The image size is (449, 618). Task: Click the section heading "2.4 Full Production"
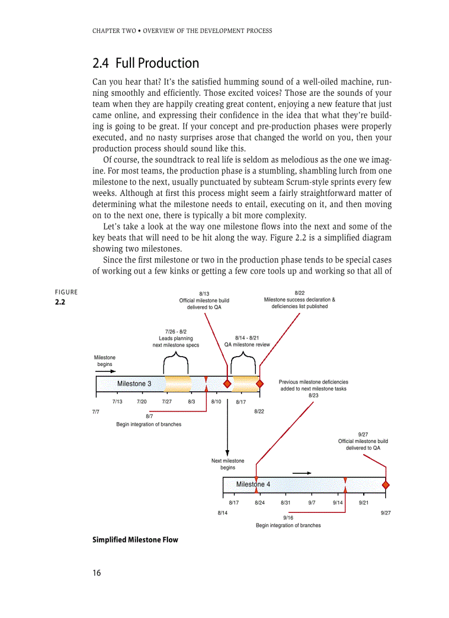pyautogui.click(x=146, y=63)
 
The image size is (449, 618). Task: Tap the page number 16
pyautogui.click(x=97, y=573)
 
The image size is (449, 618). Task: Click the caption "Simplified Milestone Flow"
pyautogui.click(x=135, y=540)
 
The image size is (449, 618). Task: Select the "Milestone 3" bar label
pyautogui.click(x=134, y=384)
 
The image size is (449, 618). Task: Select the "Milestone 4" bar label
pyautogui.click(x=253, y=484)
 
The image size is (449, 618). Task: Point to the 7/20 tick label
pyautogui.click(x=141, y=402)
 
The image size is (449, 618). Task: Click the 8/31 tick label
pyautogui.click(x=286, y=503)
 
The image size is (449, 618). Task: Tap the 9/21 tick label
pyautogui.click(x=364, y=503)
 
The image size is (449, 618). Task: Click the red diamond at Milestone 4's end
pyautogui.click(x=385, y=485)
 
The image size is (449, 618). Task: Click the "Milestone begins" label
pyautogui.click(x=105, y=361)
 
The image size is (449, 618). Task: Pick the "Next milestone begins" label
pyautogui.click(x=228, y=464)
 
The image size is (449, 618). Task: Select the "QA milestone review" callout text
pyautogui.click(x=247, y=341)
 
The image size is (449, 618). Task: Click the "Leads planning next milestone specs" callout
pyautogui.click(x=176, y=338)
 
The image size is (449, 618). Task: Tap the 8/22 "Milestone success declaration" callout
pyautogui.click(x=299, y=300)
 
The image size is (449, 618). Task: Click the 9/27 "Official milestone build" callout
pyautogui.click(x=363, y=441)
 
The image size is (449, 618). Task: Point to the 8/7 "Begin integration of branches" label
pyautogui.click(x=149, y=421)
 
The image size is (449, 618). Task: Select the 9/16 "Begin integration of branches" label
pyautogui.click(x=288, y=522)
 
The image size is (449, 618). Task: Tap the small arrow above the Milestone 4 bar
pyautogui.click(x=302, y=473)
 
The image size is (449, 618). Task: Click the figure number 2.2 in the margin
pyautogui.click(x=59, y=302)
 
